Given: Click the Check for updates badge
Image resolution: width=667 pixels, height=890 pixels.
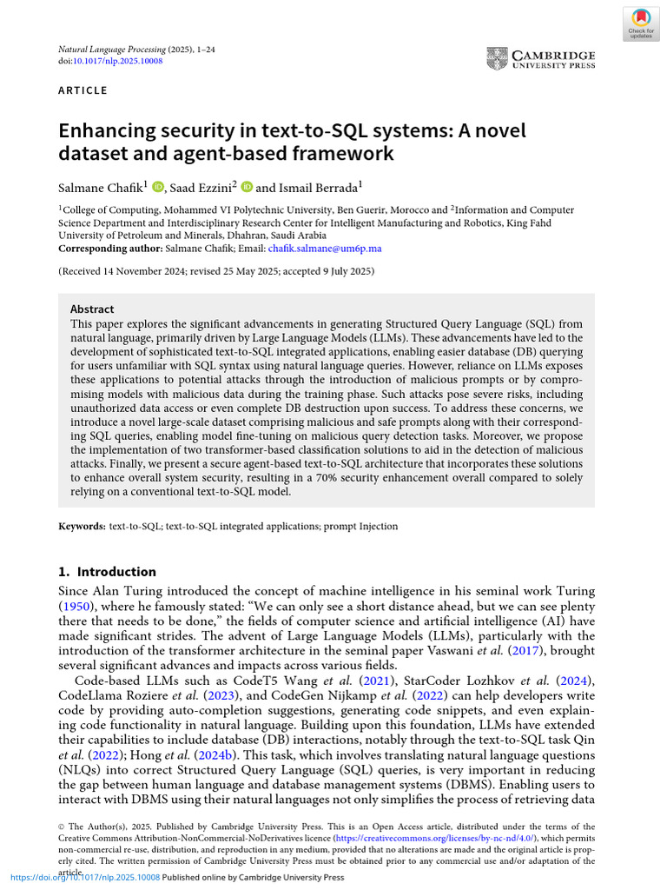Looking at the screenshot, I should pos(641,23).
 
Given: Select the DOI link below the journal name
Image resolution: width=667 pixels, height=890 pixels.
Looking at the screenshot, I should pos(123,62).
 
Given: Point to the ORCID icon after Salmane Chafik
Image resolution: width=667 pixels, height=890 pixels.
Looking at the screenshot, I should pos(158,186).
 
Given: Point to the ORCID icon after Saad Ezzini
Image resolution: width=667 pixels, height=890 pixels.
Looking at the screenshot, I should pos(247,186).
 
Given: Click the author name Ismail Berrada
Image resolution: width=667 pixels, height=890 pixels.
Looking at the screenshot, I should pos(319,186).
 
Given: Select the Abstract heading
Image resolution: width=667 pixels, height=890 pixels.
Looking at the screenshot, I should pos(91,309).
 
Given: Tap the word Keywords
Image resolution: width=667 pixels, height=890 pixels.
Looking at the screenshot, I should pos(82,527).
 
